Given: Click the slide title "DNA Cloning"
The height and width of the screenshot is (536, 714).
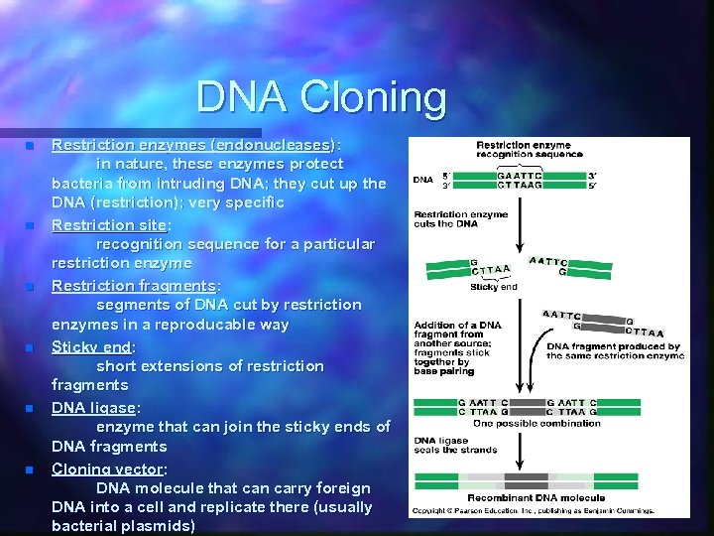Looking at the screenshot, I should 321,97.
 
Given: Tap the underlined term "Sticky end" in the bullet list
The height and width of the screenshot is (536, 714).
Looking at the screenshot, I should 91,346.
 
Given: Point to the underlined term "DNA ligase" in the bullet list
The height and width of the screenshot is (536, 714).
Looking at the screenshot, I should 94,408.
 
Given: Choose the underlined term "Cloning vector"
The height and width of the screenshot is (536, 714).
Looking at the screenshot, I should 108,469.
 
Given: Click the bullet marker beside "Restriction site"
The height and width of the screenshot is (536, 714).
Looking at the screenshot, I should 31,225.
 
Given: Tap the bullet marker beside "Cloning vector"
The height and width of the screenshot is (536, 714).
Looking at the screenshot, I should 31,469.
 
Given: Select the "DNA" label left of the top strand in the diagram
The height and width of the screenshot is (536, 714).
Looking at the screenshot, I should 422,180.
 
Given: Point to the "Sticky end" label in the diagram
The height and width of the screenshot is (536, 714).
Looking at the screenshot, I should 493,287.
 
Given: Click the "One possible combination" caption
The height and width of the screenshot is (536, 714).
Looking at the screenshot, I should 536,423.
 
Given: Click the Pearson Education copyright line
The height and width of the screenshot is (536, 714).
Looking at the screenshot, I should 535,510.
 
